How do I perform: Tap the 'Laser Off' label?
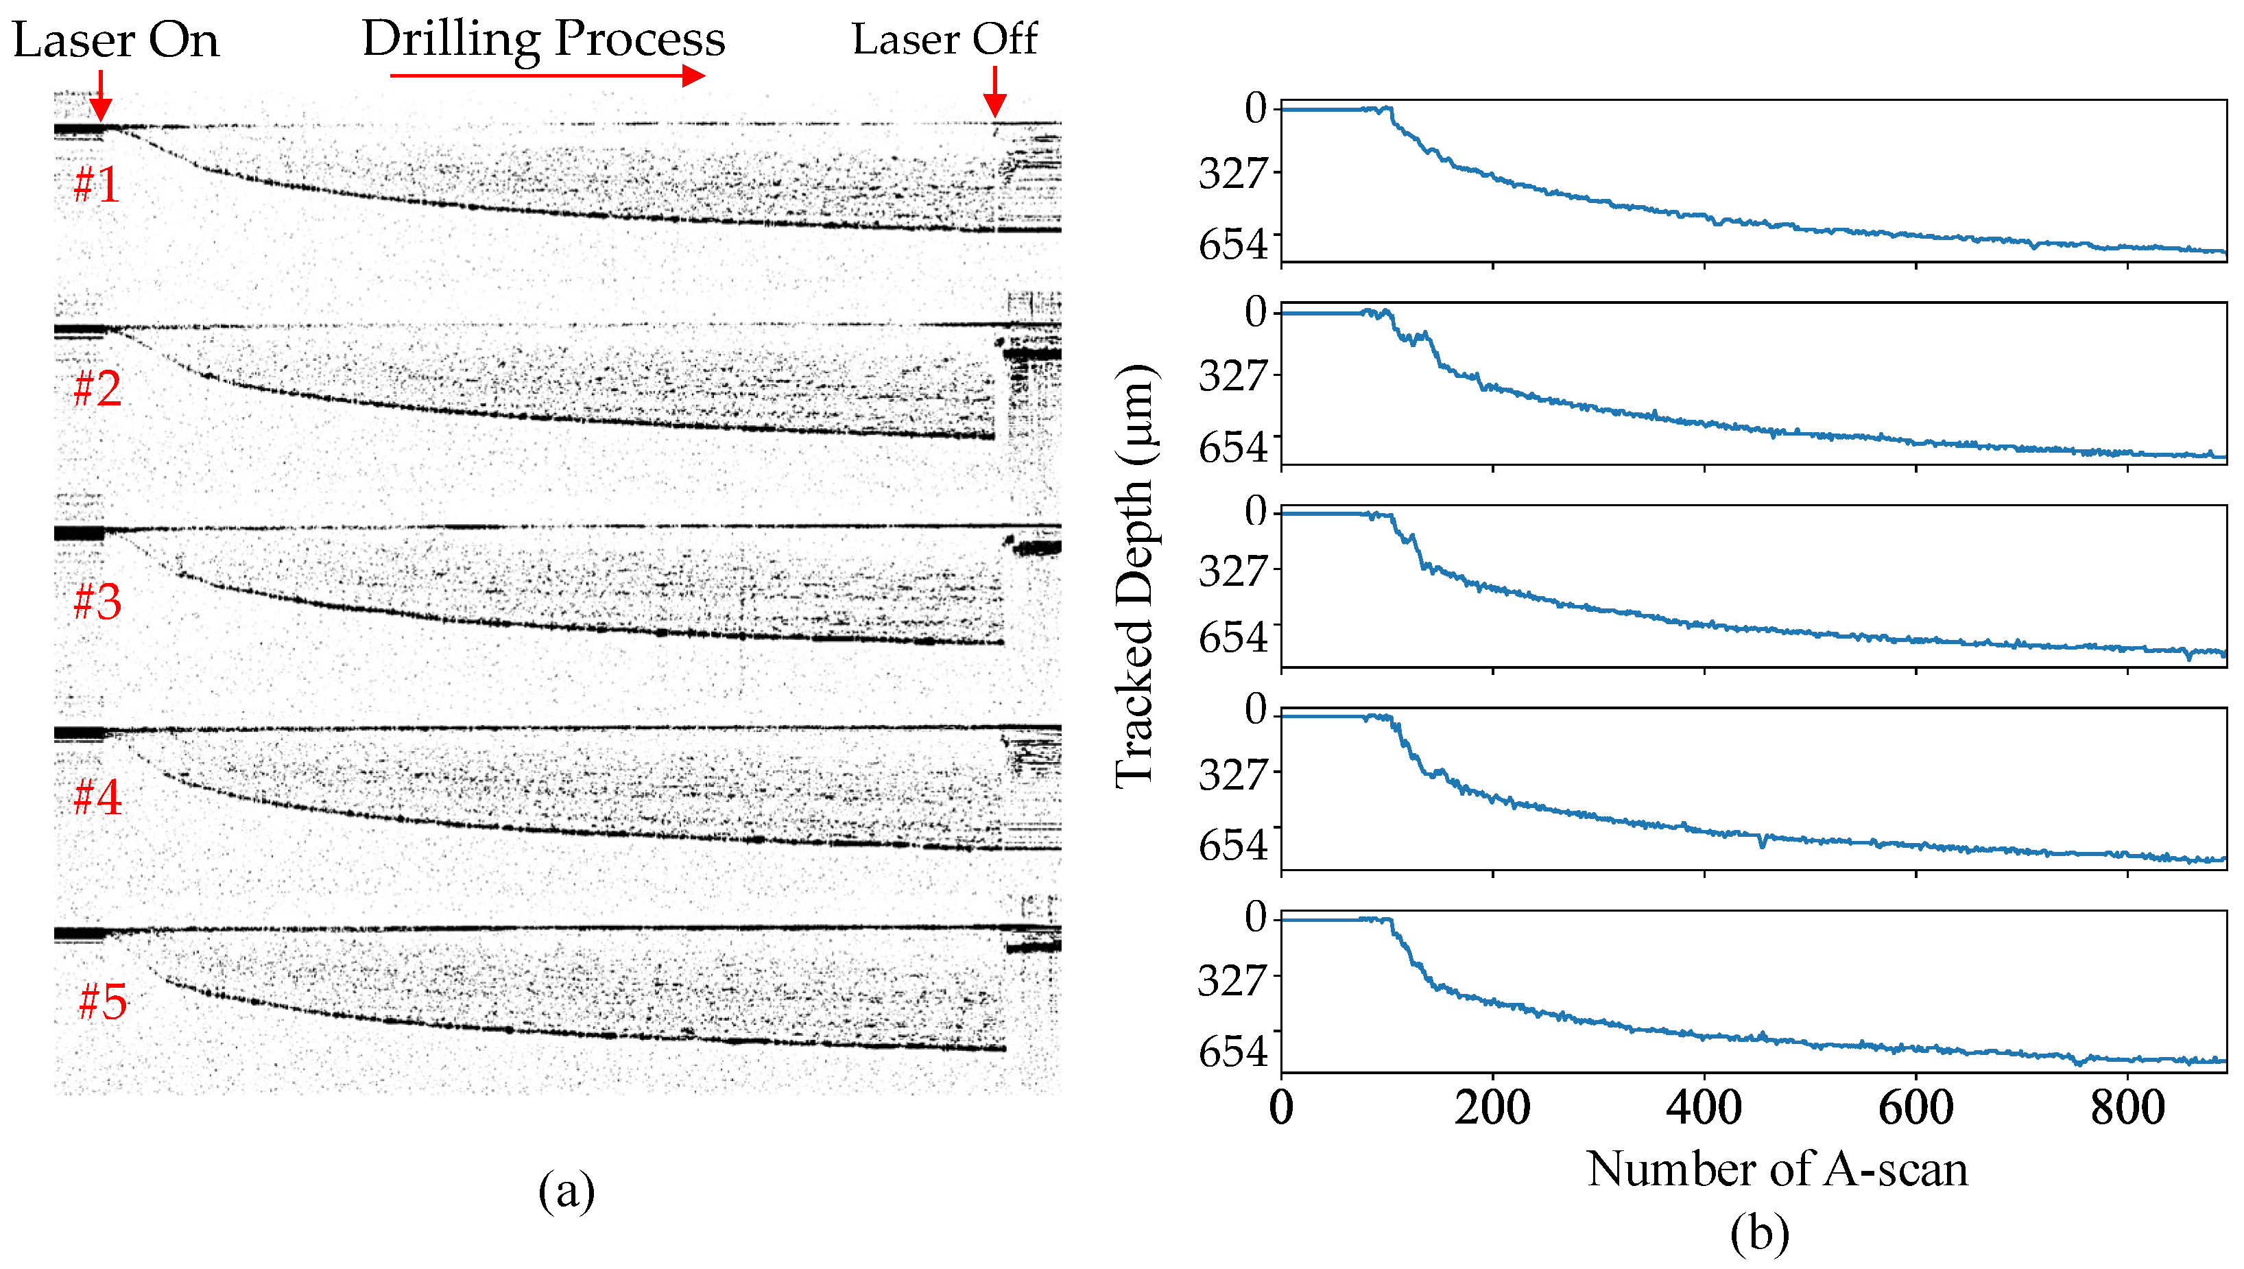(944, 38)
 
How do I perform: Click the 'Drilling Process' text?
(544, 38)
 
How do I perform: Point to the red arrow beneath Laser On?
(101, 96)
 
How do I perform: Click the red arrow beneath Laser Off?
(994, 93)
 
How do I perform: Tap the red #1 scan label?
(97, 185)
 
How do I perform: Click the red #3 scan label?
(97, 602)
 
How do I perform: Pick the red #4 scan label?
(97, 796)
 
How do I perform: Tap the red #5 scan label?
(102, 1001)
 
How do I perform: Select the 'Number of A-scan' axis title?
(1776, 1169)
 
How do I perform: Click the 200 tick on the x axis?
(1492, 1108)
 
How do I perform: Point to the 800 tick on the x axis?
(2127, 1108)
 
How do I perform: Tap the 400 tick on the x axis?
(1704, 1108)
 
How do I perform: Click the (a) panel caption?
(566, 1191)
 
